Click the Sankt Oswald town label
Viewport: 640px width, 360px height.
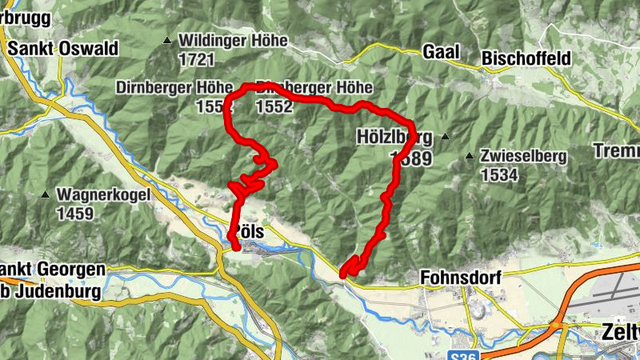(x=62, y=49)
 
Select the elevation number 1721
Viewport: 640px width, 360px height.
(x=197, y=59)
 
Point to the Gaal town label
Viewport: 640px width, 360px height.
(x=441, y=52)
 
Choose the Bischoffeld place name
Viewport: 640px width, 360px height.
(x=526, y=58)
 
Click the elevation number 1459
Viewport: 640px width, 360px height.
(x=74, y=214)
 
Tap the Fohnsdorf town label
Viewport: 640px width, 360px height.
(x=460, y=278)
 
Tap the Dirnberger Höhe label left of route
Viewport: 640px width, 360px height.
(x=165, y=86)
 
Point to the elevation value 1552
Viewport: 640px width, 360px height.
(x=275, y=106)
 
